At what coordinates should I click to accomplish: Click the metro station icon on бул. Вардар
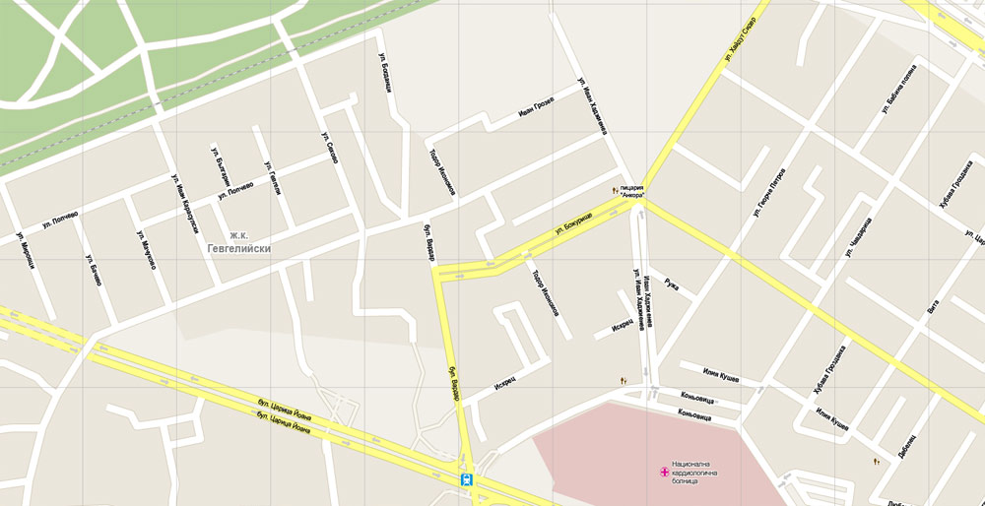pyautogui.click(x=466, y=479)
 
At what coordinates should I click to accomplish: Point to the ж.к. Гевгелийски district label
pyautogui.click(x=237, y=242)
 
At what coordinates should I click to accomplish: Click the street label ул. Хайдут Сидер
pyautogui.click(x=740, y=38)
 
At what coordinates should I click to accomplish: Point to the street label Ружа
pyautogui.click(x=671, y=285)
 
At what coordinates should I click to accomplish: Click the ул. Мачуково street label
pyautogui.click(x=145, y=250)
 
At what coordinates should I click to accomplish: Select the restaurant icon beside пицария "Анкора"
pyautogui.click(x=615, y=189)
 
